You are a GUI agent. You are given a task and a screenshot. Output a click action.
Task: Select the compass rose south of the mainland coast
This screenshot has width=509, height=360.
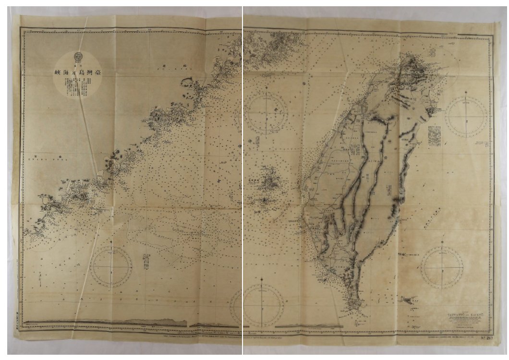111,267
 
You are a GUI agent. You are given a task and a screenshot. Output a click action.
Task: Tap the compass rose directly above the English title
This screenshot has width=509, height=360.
442,267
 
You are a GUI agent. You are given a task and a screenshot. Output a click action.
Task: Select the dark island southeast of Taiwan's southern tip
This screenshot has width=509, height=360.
407,300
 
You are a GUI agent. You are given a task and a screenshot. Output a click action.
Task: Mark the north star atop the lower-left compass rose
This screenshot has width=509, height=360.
111,242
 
